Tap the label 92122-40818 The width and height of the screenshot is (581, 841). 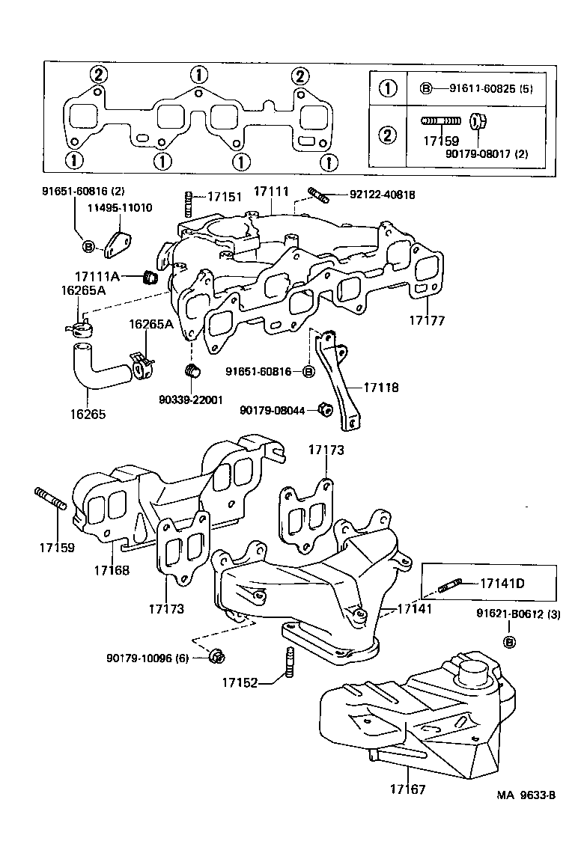pos(382,195)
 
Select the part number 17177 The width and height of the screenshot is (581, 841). pos(427,321)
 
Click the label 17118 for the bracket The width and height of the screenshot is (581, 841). pos(381,388)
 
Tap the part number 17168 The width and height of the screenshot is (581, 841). pos(112,570)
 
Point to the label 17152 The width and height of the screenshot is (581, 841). pos(240,682)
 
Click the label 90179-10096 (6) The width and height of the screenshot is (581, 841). pos(150,658)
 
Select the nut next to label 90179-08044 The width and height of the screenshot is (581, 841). pos(325,409)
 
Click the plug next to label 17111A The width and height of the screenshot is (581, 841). pos(150,278)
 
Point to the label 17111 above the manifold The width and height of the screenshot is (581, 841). pos(270,192)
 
